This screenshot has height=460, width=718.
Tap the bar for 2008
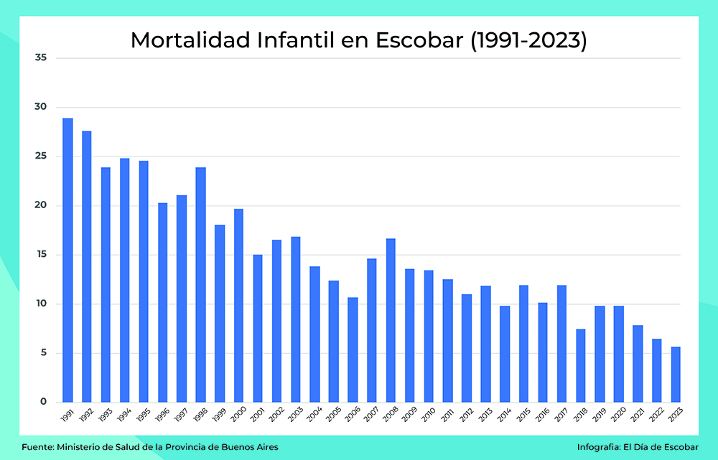coord(391,320)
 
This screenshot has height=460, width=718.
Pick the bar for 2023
coord(676,374)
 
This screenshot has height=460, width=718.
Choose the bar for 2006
coord(353,349)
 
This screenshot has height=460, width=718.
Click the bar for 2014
coord(505,354)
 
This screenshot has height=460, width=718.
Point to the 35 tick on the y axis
coord(41,57)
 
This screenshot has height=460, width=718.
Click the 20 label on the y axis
coord(41,205)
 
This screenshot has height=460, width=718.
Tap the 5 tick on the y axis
coord(43,353)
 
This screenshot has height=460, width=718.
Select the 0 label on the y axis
coord(43,402)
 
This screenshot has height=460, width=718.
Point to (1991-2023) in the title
coord(529,40)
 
